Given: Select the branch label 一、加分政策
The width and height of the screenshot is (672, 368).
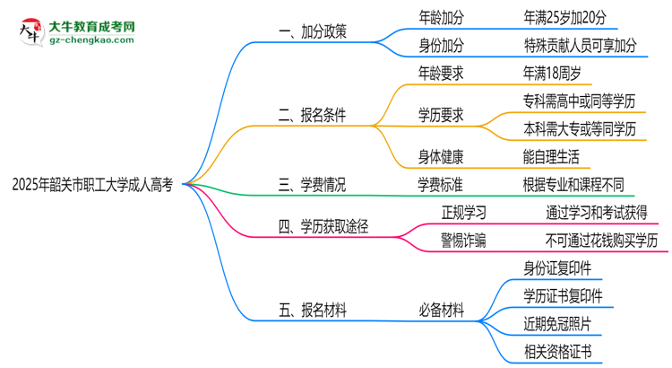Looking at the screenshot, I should point(313,31).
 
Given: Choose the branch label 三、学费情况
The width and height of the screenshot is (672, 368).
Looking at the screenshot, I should point(313,185).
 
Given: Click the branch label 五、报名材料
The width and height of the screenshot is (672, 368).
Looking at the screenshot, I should point(313,311).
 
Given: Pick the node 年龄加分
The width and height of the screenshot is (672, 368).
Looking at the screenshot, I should point(441,16).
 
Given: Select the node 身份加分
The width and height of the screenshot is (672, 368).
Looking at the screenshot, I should point(441,44).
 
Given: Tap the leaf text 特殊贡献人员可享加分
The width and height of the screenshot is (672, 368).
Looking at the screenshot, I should point(582,44).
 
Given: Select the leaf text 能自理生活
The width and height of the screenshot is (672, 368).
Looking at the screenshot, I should point(551,156).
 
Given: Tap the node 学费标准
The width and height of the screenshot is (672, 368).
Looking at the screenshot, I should point(441,185).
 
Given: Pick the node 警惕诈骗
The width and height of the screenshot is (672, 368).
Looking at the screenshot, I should point(464,241).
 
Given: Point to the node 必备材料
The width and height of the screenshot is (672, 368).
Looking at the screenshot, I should point(441,311).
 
